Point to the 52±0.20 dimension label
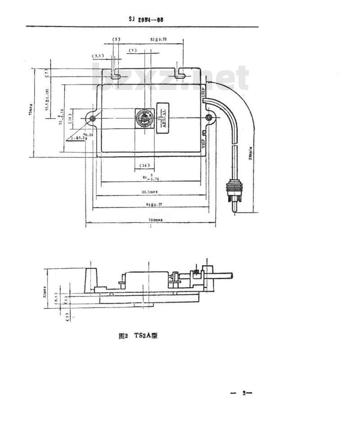click(x=158, y=40)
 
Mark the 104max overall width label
click(x=150, y=220)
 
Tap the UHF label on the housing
click(x=204, y=94)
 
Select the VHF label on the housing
click(x=204, y=143)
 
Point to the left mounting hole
click(x=92, y=118)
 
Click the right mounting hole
click(x=209, y=118)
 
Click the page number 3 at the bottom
click(x=243, y=393)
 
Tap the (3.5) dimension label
click(x=98, y=56)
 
